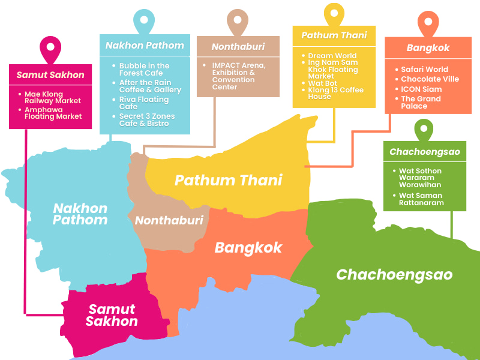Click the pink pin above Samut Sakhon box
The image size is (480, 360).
pos(50,47)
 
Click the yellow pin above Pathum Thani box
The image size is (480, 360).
pos(334,14)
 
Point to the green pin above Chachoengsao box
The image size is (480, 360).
pos(424,130)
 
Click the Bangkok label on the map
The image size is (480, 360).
pos(248,248)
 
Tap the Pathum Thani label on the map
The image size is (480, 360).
pos(228,180)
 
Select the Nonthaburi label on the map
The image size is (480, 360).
pos(169,220)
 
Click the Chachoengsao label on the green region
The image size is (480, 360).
pos(394,275)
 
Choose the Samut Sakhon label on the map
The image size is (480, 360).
pos(112,315)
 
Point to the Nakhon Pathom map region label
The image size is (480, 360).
pos(80,214)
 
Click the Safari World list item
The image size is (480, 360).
pos(424,70)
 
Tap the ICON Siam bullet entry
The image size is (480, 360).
pos(421,89)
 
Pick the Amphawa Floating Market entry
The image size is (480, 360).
pos(53,112)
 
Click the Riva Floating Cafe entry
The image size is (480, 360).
pos(143,103)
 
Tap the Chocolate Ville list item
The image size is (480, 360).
pos(430,79)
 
